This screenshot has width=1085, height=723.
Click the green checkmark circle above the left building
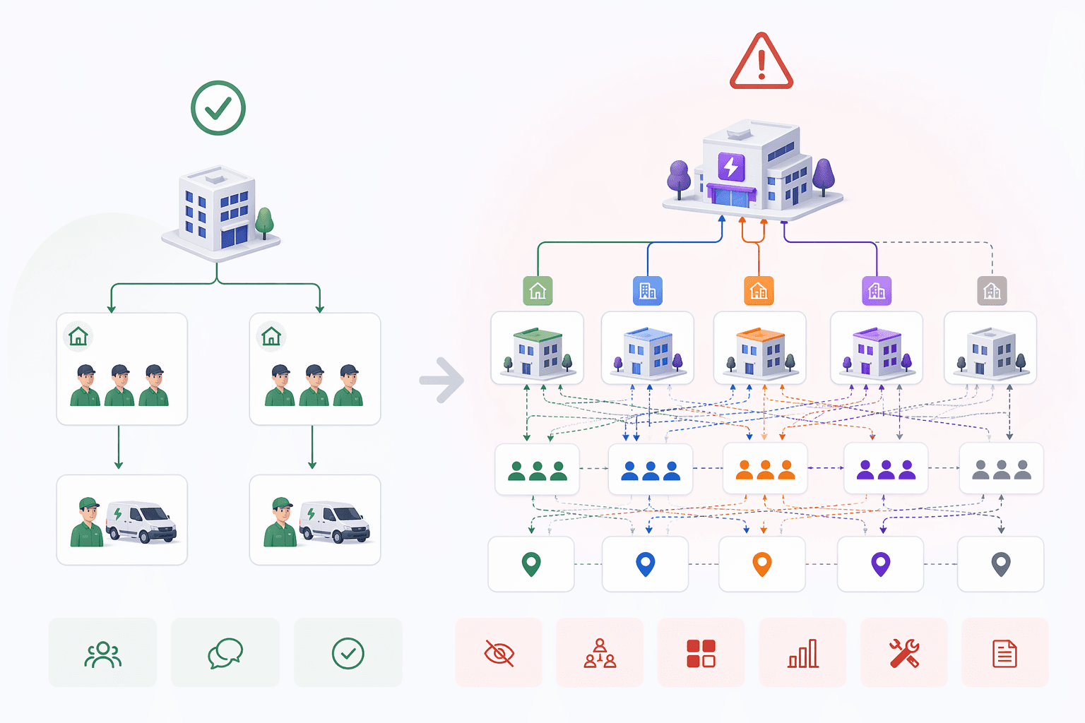click(x=218, y=108)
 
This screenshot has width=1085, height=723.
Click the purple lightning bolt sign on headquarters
click(x=731, y=167)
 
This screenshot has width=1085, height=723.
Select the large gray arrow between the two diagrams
click(x=442, y=380)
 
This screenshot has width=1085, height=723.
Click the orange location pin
click(x=761, y=564)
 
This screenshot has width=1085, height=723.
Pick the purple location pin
click(x=880, y=564)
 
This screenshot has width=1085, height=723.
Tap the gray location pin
click(x=1001, y=564)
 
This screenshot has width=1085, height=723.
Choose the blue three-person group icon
click(x=650, y=470)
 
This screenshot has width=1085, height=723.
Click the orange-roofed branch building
click(x=760, y=350)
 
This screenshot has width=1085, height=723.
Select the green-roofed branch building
click(x=537, y=350)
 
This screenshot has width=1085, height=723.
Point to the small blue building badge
click(x=647, y=291)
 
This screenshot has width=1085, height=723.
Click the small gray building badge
click(x=992, y=291)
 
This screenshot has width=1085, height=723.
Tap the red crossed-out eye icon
click(x=499, y=653)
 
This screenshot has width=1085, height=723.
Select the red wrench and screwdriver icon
click(x=903, y=653)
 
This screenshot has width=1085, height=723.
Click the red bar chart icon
click(x=803, y=653)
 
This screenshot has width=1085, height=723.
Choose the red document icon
click(x=1004, y=654)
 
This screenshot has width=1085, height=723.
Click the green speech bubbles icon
click(x=225, y=653)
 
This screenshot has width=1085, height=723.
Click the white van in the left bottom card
click(x=141, y=522)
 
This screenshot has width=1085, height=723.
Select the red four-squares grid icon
click(x=701, y=653)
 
